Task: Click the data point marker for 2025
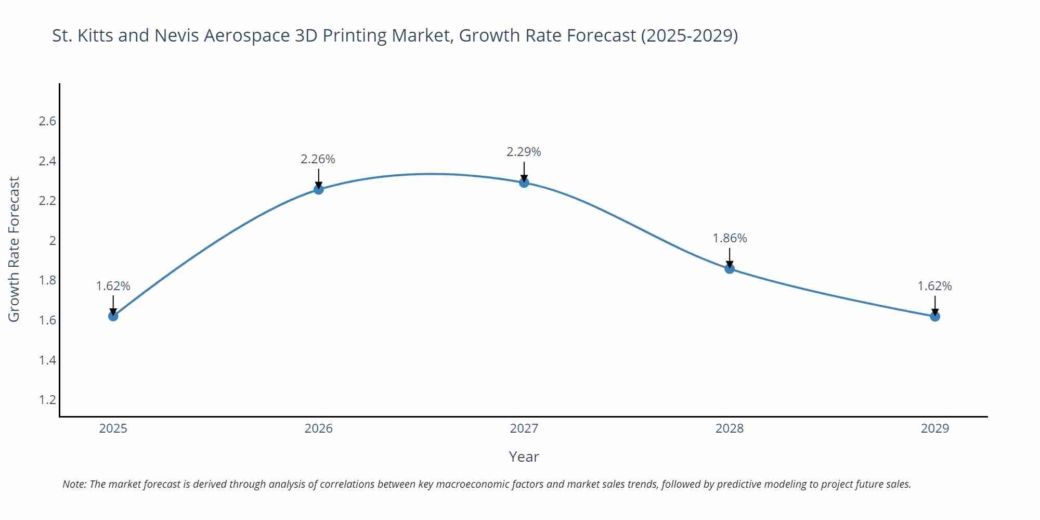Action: tap(113, 316)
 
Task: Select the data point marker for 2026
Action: tap(319, 189)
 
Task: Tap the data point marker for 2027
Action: tap(524, 183)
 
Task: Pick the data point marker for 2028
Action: tap(730, 268)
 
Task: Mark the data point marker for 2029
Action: tap(935, 316)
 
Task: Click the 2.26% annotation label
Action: tap(318, 159)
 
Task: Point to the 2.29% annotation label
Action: tap(524, 152)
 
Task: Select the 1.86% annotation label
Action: tap(730, 238)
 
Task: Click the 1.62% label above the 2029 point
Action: tap(934, 286)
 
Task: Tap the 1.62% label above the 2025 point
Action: tap(113, 286)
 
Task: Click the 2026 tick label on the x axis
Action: tap(319, 428)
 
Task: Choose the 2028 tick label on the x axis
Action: tap(730, 428)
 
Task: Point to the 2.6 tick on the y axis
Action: tap(47, 121)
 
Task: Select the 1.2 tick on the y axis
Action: tap(47, 400)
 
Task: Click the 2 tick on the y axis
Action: tap(53, 241)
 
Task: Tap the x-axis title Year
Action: tap(524, 457)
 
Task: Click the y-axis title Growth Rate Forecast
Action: tap(14, 249)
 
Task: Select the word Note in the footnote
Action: tap(74, 484)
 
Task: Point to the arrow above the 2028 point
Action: tap(730, 257)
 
